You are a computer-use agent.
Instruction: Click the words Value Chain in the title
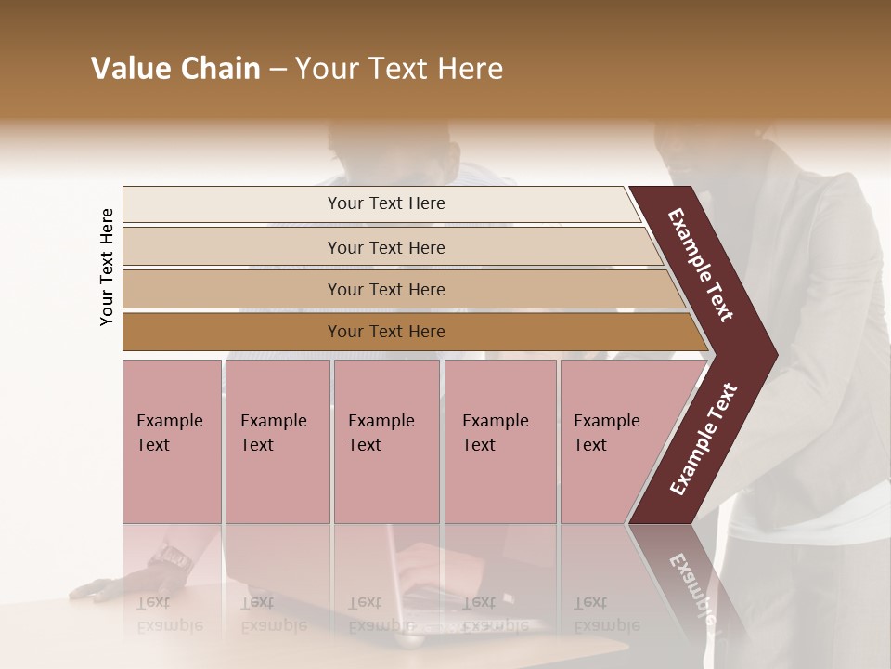point(175,69)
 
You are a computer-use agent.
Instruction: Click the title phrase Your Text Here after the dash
point(399,69)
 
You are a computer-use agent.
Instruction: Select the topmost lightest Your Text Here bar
point(386,203)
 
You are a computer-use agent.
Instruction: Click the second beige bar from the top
point(386,247)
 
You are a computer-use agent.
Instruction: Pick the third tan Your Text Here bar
point(386,289)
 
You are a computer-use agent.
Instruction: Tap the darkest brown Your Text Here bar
point(386,332)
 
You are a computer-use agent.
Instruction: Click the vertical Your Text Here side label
point(107,267)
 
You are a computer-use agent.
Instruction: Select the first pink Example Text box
point(172,441)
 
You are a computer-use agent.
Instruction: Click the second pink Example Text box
point(277,441)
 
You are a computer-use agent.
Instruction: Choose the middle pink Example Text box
point(385,441)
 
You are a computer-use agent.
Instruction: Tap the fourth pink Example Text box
point(499,441)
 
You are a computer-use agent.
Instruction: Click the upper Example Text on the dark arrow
point(701,265)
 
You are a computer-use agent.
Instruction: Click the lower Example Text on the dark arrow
point(703,439)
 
